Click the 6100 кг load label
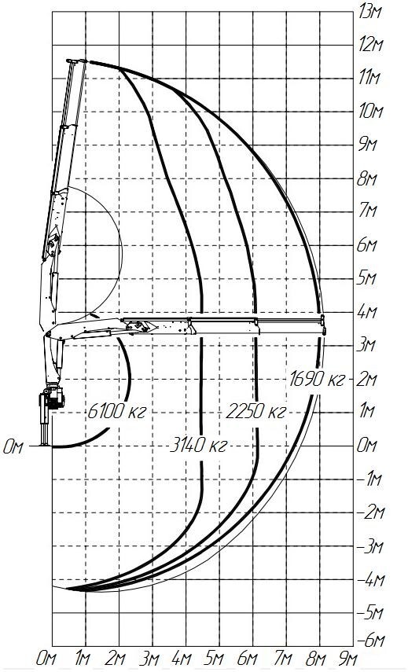[x=117, y=411]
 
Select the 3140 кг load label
[x=197, y=446]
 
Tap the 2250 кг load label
[x=255, y=411]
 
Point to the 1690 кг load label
[x=317, y=380]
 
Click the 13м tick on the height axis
[x=370, y=12]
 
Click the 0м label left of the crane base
[x=13, y=447]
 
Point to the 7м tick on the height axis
[x=368, y=211]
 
